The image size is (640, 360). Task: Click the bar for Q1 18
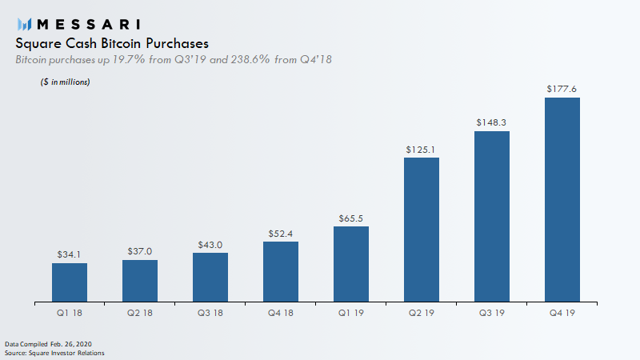(70, 282)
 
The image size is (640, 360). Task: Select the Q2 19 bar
(422, 230)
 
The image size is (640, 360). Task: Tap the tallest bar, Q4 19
(562, 199)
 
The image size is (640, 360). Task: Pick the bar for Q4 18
(281, 272)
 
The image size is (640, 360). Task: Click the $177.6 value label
(562, 89)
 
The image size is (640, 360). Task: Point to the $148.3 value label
(491, 122)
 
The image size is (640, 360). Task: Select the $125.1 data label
(421, 150)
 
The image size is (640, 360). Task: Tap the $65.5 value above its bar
(350, 218)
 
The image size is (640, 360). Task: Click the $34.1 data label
(69, 254)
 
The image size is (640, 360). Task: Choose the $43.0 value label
(210, 245)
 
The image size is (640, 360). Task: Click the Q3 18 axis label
(210, 313)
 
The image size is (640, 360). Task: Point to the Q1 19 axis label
(351, 313)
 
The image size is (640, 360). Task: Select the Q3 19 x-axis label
(492, 313)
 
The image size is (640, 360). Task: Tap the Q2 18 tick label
(139, 313)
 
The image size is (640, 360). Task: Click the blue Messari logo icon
(25, 25)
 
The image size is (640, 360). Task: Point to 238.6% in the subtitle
(250, 59)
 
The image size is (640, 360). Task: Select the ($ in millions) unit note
(66, 82)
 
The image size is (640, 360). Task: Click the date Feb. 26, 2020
(71, 344)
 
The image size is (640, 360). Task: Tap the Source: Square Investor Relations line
(54, 353)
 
